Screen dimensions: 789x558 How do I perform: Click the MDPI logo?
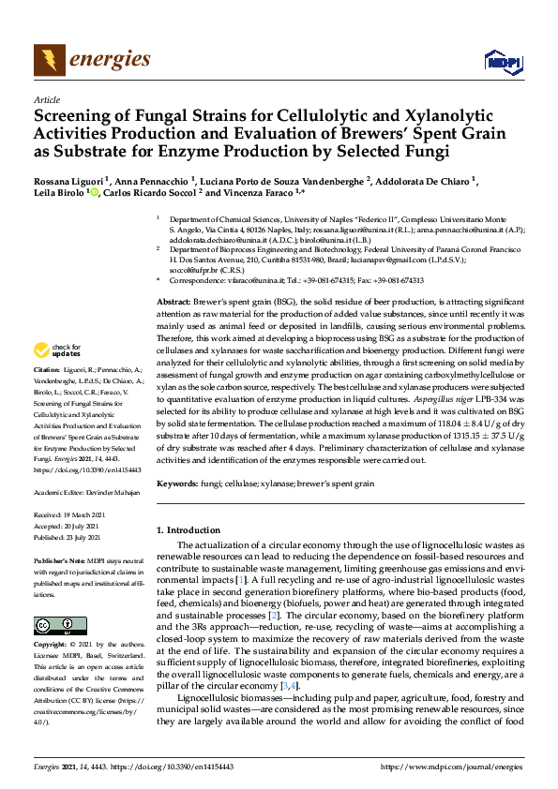[x=501, y=62]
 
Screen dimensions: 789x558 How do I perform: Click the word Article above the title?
[x=47, y=99]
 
